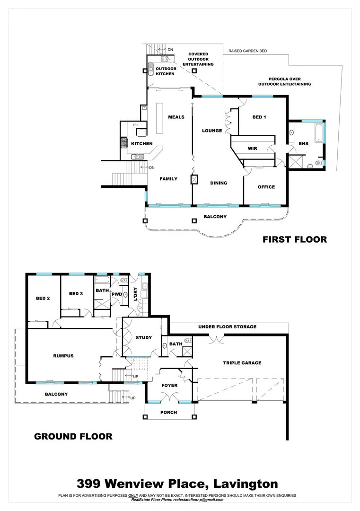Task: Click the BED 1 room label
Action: [x=259, y=117]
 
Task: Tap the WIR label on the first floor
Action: [x=252, y=149]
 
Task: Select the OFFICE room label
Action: [x=266, y=187]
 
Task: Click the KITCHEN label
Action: [x=141, y=143]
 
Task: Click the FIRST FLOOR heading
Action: [x=295, y=239]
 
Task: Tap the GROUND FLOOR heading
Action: [x=73, y=436]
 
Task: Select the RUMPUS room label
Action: [x=63, y=356]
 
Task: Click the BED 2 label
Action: [x=43, y=299]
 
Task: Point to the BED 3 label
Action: [x=76, y=294]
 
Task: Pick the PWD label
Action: [x=116, y=294]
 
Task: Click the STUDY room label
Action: [x=143, y=337]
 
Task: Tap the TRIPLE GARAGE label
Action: [x=242, y=363]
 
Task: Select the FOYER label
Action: [x=169, y=385]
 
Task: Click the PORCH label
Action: [x=169, y=412]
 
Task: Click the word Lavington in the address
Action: [x=246, y=484]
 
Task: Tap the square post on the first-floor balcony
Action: [x=194, y=220]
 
